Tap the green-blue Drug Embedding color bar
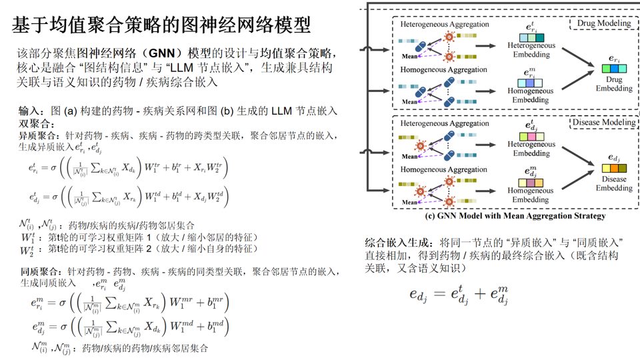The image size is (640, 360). [614, 69]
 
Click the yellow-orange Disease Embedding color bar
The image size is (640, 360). [614, 168]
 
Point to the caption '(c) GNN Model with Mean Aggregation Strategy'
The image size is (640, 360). [515, 216]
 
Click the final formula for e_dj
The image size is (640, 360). [459, 294]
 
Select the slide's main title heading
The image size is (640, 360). [162, 25]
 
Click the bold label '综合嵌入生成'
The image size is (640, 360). [399, 241]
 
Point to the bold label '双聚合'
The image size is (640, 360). [32, 123]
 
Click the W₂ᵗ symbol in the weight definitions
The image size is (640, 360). [27, 249]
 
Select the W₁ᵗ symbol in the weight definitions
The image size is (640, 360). [27, 237]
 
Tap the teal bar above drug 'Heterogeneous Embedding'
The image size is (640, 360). [531, 37]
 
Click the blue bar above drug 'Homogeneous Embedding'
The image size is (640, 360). [531, 83]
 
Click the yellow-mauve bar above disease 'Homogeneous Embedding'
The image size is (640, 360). [531, 182]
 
